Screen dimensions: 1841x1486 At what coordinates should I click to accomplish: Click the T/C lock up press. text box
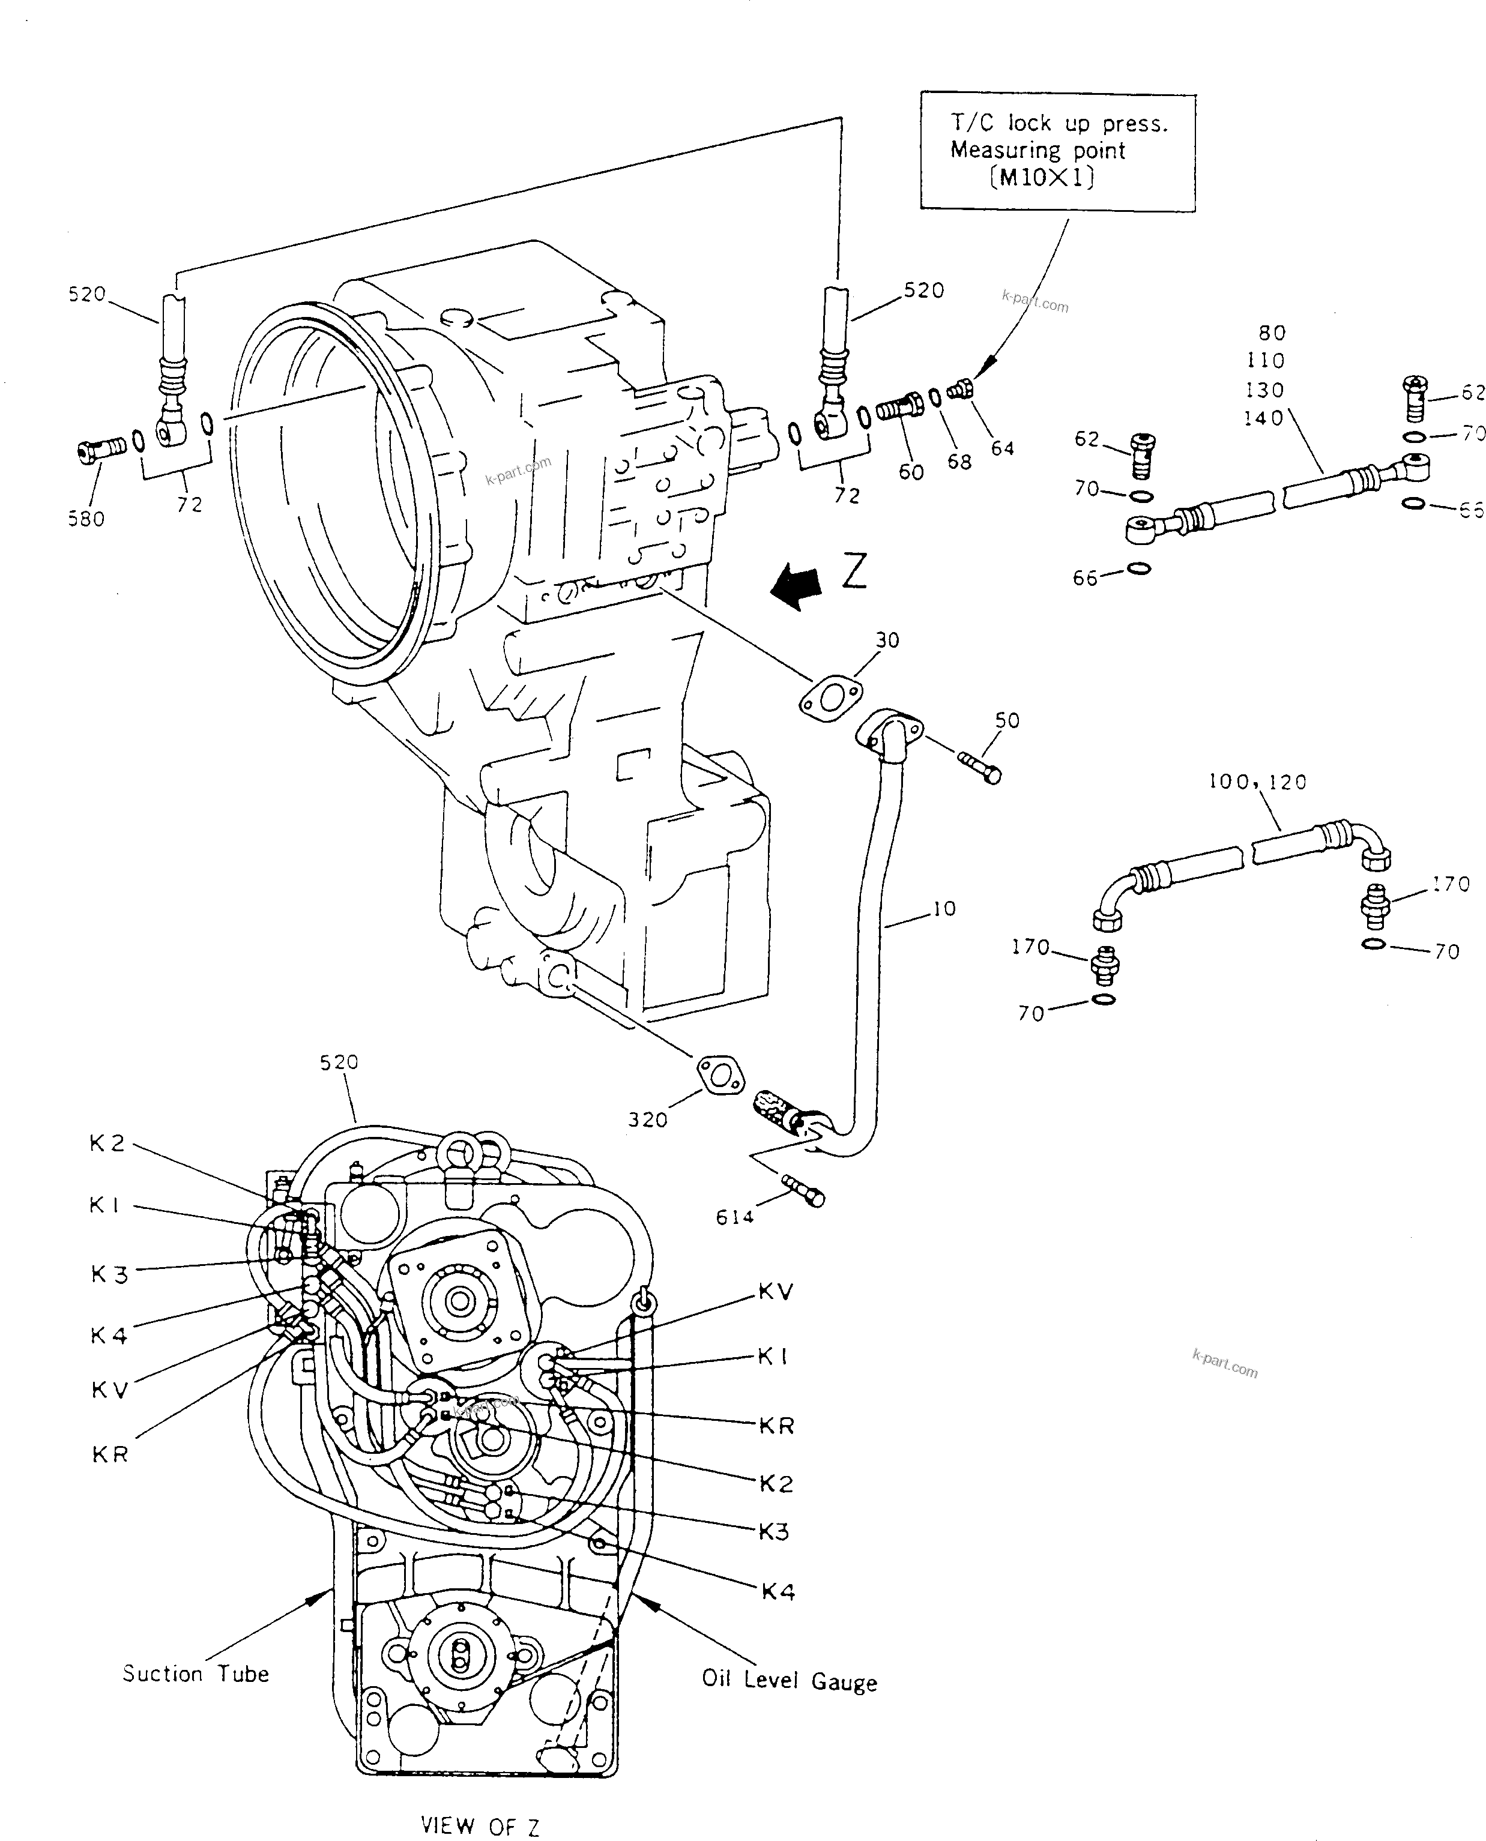[x=1057, y=151]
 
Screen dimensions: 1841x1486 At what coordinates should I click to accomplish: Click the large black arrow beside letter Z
[x=796, y=585]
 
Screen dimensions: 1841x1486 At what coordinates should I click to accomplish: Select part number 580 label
[x=86, y=519]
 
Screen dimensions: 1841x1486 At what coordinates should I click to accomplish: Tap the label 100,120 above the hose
[x=1257, y=782]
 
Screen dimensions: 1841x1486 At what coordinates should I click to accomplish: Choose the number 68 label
[x=959, y=462]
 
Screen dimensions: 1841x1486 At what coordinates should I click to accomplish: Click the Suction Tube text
[x=195, y=1674]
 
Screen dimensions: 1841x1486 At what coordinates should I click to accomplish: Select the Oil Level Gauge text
[x=789, y=1680]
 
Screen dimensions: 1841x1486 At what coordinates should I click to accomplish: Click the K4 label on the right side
[x=778, y=1591]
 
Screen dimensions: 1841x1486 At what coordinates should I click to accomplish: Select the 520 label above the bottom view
[x=339, y=1062]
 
